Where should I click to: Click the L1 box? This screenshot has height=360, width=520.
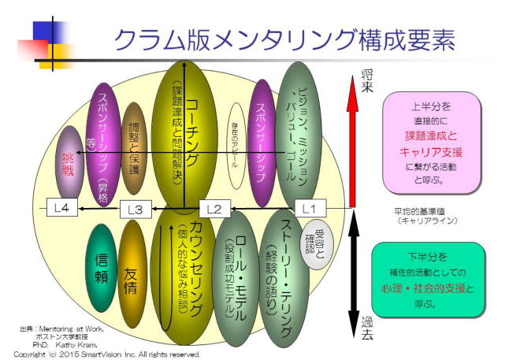coord(310,208)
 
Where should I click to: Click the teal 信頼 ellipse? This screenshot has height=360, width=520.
coord(100,267)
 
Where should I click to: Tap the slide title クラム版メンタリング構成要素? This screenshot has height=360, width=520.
coord(284,39)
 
